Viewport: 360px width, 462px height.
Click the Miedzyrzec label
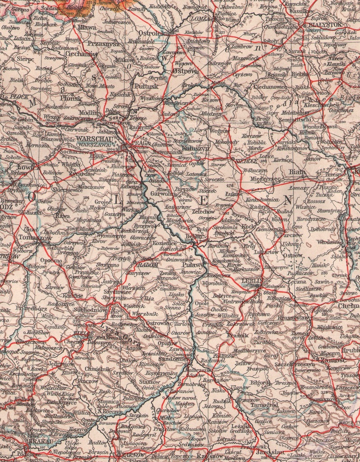265,179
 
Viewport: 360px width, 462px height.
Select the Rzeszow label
209,456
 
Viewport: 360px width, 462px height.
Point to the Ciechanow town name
81,53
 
